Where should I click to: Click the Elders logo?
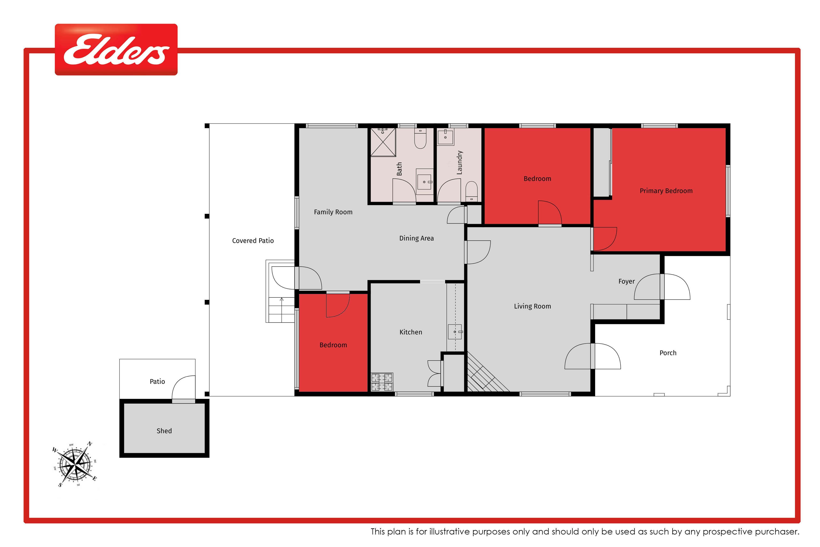click(x=116, y=50)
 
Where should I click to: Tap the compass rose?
click(x=75, y=464)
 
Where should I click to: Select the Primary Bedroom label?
click(x=666, y=191)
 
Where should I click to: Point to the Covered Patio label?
click(x=253, y=241)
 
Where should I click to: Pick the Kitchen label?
click(x=411, y=332)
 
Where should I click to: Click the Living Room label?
click(x=532, y=306)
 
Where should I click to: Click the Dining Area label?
click(x=416, y=238)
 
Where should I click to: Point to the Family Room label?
click(x=333, y=212)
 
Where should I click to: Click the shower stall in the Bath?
click(x=383, y=142)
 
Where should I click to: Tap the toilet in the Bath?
click(x=420, y=138)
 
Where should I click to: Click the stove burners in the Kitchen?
click(x=382, y=382)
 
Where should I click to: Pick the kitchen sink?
click(x=455, y=332)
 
